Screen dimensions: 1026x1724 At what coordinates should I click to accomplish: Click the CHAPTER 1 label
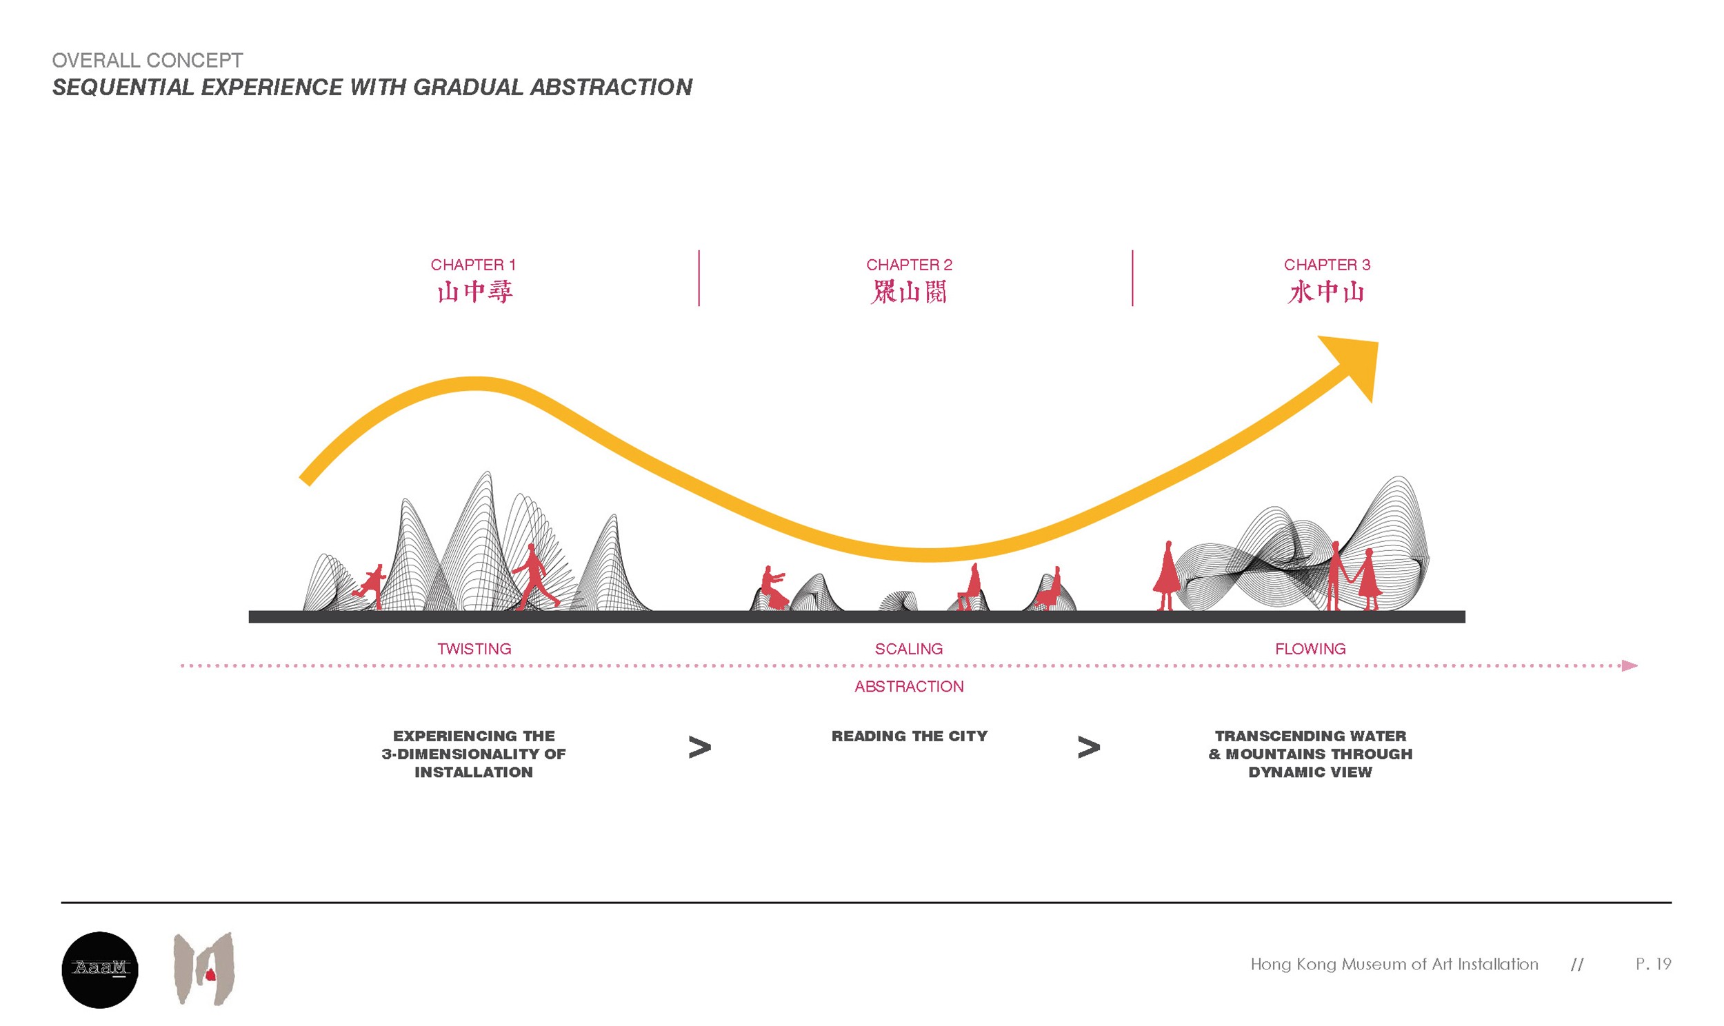(x=473, y=265)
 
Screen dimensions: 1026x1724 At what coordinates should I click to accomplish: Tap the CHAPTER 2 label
(x=908, y=265)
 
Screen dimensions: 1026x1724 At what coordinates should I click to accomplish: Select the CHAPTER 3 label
(x=1326, y=265)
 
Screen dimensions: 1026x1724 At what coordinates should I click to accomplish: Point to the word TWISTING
(x=474, y=649)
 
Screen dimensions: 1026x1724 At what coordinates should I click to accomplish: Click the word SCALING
(x=908, y=649)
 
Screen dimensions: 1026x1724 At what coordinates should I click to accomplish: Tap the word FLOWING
(x=1310, y=649)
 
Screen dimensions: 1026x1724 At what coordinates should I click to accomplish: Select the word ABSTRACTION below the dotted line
(x=908, y=687)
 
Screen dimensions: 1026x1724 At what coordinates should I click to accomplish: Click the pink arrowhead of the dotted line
(x=1629, y=666)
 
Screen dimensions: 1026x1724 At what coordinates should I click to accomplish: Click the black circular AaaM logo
(x=100, y=969)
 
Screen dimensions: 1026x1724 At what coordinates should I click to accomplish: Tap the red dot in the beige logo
(x=210, y=975)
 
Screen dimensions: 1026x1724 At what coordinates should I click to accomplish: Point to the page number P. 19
(x=1653, y=964)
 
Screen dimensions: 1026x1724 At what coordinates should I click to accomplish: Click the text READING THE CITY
(x=909, y=736)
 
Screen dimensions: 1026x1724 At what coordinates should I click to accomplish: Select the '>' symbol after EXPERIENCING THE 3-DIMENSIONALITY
(x=699, y=747)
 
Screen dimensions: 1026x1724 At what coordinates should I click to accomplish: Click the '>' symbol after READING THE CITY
(x=1088, y=747)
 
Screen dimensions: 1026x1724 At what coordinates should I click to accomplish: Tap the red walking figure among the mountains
(x=534, y=577)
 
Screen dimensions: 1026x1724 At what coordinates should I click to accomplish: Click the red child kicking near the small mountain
(x=371, y=585)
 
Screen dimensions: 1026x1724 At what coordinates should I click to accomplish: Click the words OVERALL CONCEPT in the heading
(x=148, y=60)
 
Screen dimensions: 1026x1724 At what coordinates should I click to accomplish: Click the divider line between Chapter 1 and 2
(x=699, y=278)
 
